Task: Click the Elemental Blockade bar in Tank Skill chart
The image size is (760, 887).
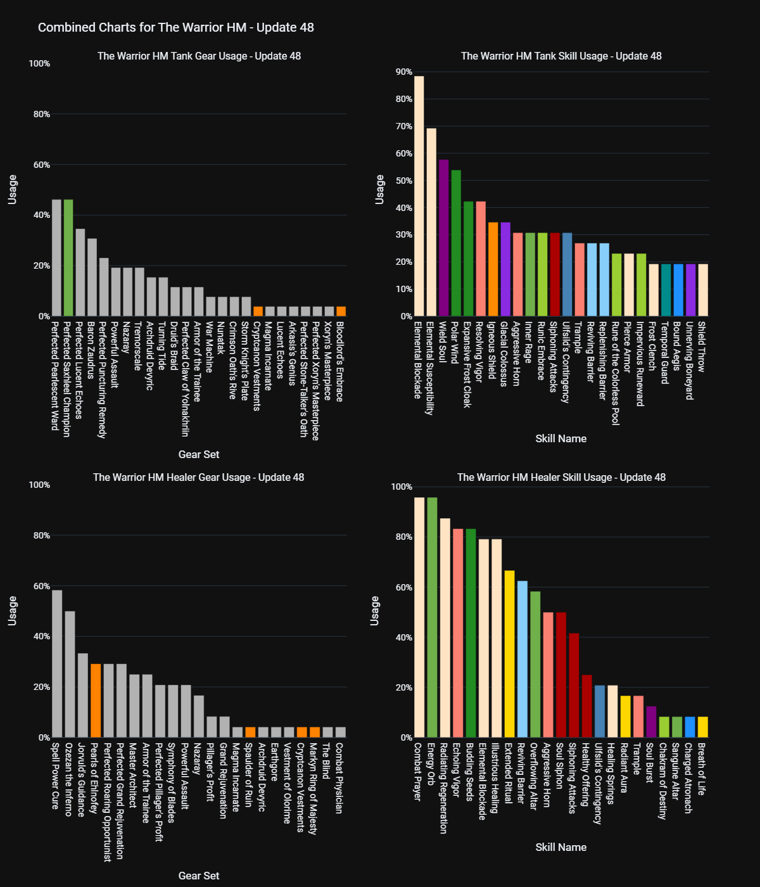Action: tap(419, 196)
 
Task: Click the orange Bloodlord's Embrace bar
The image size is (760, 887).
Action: tap(341, 311)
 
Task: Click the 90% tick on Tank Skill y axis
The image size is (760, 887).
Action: tap(404, 72)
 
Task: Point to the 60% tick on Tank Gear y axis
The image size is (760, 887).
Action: tap(42, 165)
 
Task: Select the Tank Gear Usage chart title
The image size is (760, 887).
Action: tap(199, 56)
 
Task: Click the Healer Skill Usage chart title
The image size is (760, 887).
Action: tap(561, 477)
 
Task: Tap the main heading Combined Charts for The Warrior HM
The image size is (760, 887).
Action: tap(176, 27)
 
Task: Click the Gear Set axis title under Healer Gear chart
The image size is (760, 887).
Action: tap(199, 876)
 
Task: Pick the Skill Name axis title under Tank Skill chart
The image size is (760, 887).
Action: tap(561, 438)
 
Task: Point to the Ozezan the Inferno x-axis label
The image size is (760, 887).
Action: tap(69, 779)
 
